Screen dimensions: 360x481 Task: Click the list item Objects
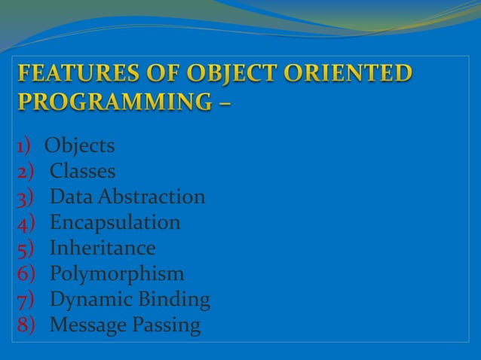79,145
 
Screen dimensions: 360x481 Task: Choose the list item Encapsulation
115,222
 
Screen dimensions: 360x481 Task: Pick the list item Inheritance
102,248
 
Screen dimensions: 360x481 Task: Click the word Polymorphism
117,274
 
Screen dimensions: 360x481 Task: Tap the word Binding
175,300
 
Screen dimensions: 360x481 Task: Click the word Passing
170,325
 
